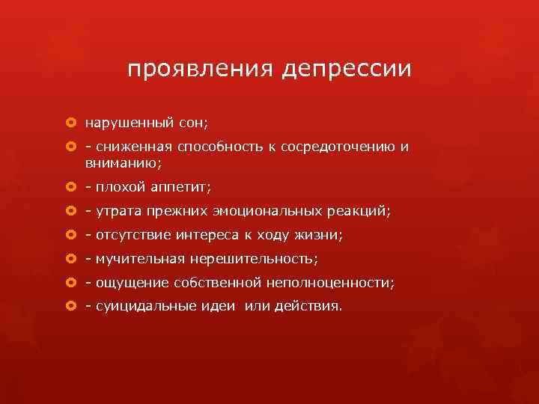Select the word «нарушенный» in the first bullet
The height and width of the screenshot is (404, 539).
pos(122,122)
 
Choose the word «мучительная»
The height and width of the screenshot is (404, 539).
pos(134,259)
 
